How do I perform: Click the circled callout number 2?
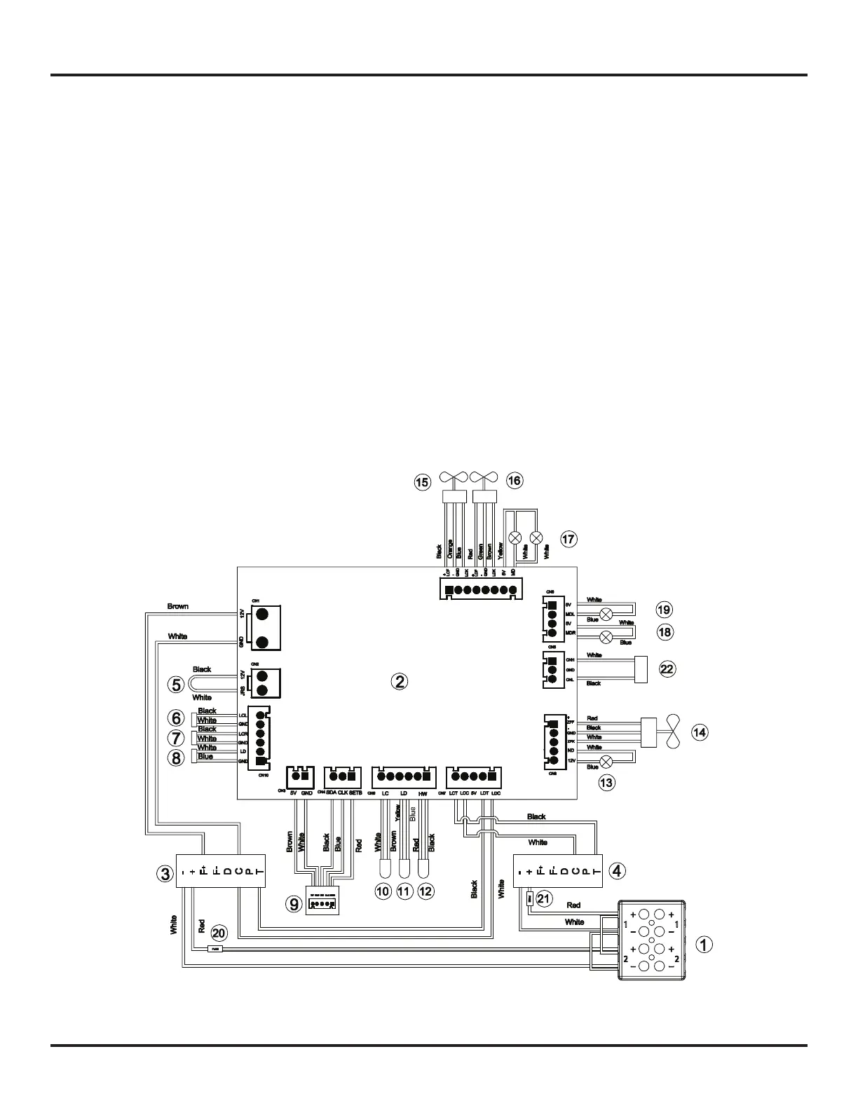(x=399, y=680)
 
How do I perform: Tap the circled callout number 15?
(x=422, y=482)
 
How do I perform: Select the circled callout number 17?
(x=568, y=539)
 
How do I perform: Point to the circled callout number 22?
(x=667, y=669)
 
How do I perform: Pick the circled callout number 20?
(x=219, y=933)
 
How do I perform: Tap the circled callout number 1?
(x=704, y=944)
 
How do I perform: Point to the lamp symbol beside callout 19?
(x=607, y=615)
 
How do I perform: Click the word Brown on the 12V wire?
(x=178, y=607)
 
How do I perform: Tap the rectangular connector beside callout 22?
(x=641, y=668)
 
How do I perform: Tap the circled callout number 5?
(x=177, y=685)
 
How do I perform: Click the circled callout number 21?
(x=544, y=897)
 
